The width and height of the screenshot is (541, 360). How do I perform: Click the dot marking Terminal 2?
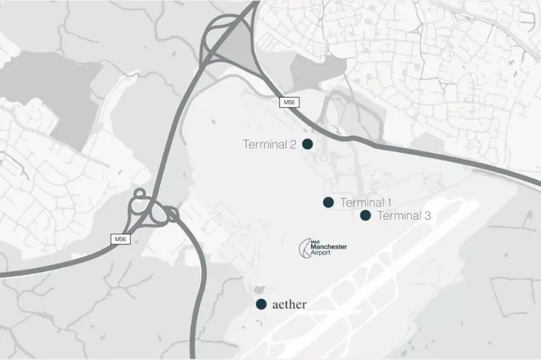pos(308,143)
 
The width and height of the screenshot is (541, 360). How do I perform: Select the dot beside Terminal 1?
pos(329,202)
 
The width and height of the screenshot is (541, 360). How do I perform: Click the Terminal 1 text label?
pos(366,202)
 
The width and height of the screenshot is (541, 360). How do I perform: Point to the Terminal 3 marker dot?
pos(366,215)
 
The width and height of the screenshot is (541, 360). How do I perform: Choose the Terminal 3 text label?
pos(404,216)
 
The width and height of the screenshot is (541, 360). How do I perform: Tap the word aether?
pos(289,305)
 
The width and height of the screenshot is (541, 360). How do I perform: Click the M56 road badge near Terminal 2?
pos(289,102)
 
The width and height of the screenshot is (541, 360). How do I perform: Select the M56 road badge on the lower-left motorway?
pos(120,239)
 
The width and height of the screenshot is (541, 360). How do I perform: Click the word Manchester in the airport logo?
pos(328,248)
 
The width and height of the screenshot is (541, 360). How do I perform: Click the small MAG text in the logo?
pos(313,242)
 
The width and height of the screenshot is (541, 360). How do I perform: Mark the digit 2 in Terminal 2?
pos(295,144)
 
